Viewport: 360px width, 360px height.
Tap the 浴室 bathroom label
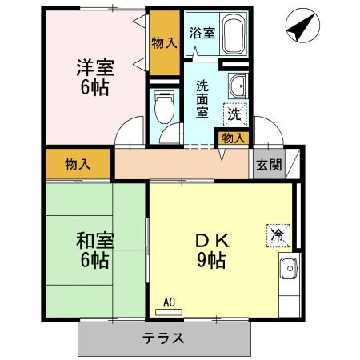coord(202,34)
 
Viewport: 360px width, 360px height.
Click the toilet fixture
coord(165,106)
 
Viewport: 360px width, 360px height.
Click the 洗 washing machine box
coord(234,114)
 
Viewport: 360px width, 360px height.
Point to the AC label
coord(169,302)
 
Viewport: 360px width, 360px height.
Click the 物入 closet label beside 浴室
coord(164,42)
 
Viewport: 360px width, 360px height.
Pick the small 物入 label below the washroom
coord(234,138)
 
